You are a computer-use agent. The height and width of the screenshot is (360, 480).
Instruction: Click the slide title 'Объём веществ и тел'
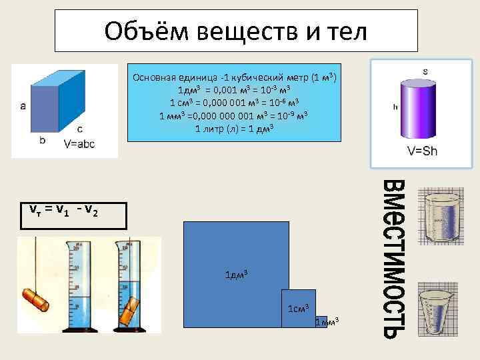coord(235,31)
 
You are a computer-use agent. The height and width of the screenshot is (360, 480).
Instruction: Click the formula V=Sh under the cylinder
coord(422,151)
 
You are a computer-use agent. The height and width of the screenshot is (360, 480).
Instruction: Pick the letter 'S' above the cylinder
coord(425,71)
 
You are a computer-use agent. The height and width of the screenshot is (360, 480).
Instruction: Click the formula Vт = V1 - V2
coord(63,211)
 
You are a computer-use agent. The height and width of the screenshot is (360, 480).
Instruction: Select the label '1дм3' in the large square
coord(235,275)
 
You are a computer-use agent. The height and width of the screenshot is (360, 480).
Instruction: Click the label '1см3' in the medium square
coord(297,308)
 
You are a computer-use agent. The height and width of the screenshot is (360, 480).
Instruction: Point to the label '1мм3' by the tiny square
coord(327,322)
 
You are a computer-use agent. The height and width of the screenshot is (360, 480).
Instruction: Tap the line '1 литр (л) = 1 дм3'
coord(234,128)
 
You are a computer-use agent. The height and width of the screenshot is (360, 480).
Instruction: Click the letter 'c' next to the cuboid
coord(80,129)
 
